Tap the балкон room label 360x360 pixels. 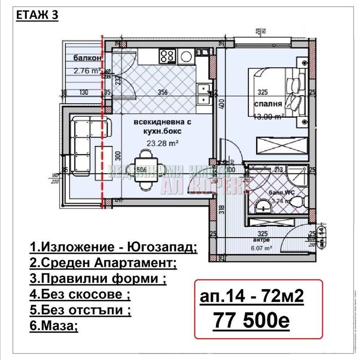coord(84,59)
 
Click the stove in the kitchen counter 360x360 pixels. coord(168,55)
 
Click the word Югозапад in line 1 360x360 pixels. coord(163,248)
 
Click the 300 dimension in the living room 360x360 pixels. coord(117,154)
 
